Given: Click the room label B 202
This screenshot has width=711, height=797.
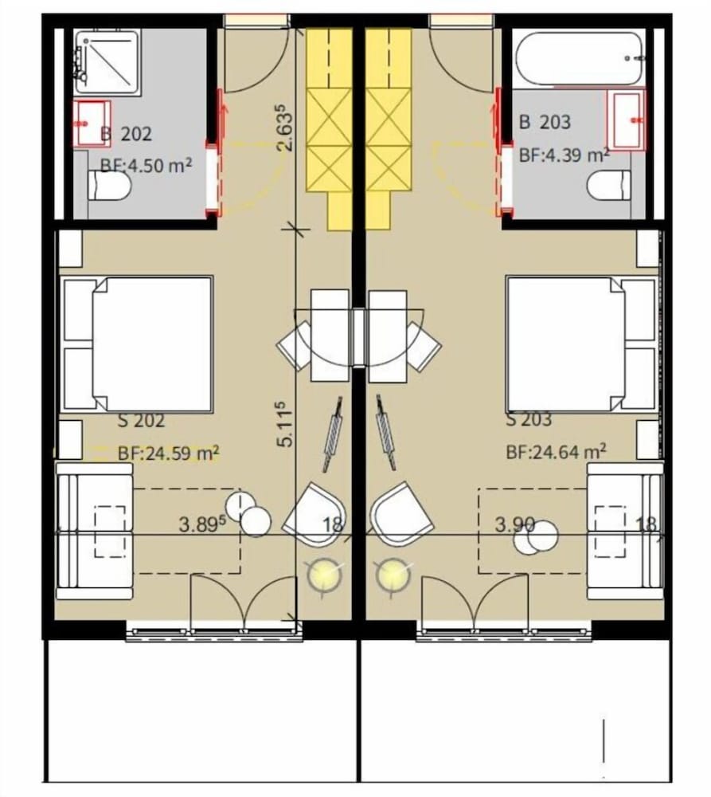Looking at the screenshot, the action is pyautogui.click(x=126, y=134).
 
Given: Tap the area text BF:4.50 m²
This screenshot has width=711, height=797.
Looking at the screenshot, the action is pyautogui.click(x=146, y=166).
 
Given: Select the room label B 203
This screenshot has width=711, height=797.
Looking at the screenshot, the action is pyautogui.click(x=545, y=122).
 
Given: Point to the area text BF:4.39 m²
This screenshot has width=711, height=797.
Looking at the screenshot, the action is pyautogui.click(x=565, y=154).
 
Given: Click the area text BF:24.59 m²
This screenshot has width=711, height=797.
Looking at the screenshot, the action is pyautogui.click(x=169, y=452).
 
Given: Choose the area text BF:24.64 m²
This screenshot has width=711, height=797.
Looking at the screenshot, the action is pyautogui.click(x=556, y=451).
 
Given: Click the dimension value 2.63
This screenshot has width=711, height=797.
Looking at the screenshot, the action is pyautogui.click(x=285, y=128).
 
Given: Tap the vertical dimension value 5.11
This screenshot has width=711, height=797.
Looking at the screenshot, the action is pyautogui.click(x=285, y=425).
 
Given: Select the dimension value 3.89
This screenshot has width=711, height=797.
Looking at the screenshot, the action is pyautogui.click(x=201, y=524).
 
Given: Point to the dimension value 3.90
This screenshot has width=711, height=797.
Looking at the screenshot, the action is pyautogui.click(x=514, y=524).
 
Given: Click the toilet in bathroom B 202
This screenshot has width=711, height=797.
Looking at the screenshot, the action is pyautogui.click(x=109, y=186).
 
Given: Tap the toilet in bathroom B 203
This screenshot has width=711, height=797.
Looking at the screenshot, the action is pyautogui.click(x=609, y=186).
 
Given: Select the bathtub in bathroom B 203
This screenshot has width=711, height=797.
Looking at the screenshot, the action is pyautogui.click(x=580, y=59).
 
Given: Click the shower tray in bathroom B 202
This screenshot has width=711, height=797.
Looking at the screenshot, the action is pyautogui.click(x=107, y=62).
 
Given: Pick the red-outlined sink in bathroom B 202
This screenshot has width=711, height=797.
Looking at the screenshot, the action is pyautogui.click(x=92, y=124).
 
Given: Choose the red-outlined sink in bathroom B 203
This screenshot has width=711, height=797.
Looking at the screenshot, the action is pyautogui.click(x=626, y=120).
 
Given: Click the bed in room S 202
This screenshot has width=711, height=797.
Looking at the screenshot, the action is pyautogui.click(x=136, y=344).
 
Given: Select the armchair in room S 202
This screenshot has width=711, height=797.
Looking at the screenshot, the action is pyautogui.click(x=315, y=514).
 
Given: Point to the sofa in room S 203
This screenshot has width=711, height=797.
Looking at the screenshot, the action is pyautogui.click(x=625, y=531).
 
